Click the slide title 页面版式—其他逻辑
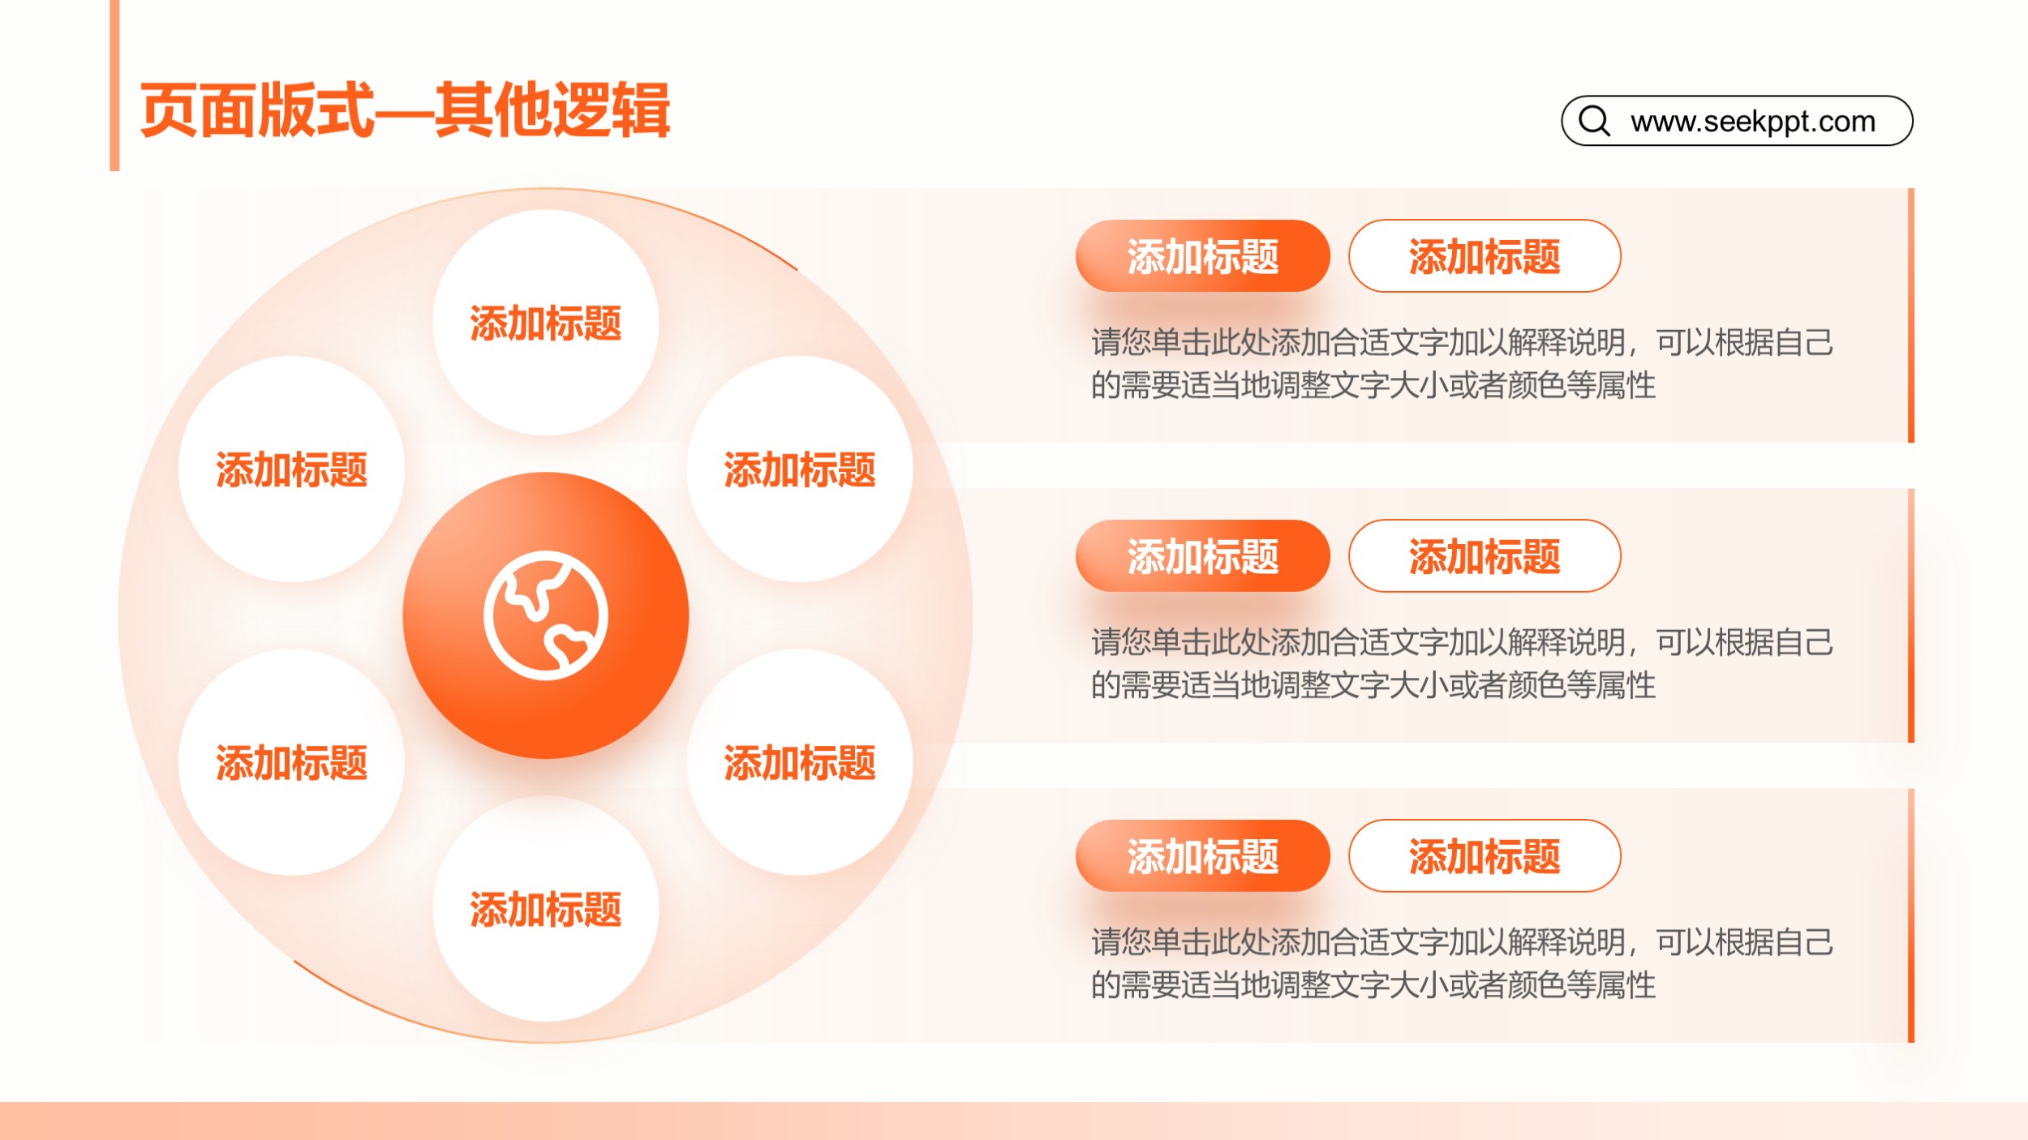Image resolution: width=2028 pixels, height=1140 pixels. [405, 110]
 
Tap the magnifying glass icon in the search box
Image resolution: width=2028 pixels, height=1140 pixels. [1594, 121]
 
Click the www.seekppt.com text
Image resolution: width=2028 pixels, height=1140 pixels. [1753, 122]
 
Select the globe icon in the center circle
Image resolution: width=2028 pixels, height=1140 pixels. [546, 615]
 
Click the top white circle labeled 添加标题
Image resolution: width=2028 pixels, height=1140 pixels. [546, 323]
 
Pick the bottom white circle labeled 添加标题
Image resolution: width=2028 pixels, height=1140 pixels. [546, 908]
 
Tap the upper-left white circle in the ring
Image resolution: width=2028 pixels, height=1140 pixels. [292, 469]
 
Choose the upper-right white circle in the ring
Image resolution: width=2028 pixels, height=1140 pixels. [800, 469]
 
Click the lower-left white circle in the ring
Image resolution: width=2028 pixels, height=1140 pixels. [292, 762]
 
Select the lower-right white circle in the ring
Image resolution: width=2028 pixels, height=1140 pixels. [800, 762]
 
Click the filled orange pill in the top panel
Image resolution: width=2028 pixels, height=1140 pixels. [1203, 256]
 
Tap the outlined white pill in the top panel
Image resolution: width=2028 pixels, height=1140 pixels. [1484, 256]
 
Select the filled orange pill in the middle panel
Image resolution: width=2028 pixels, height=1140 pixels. [1203, 556]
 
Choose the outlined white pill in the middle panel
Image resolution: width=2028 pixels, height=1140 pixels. [1484, 556]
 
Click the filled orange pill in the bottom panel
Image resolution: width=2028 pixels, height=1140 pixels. [1203, 856]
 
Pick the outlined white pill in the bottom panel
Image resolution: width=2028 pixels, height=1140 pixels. [1484, 856]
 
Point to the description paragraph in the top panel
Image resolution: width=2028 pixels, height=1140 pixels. [1462, 364]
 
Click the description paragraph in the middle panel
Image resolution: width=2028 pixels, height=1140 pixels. [1462, 664]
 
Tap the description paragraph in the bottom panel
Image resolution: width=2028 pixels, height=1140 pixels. [1462, 964]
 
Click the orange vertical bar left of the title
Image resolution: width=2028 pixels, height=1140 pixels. [114, 85]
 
